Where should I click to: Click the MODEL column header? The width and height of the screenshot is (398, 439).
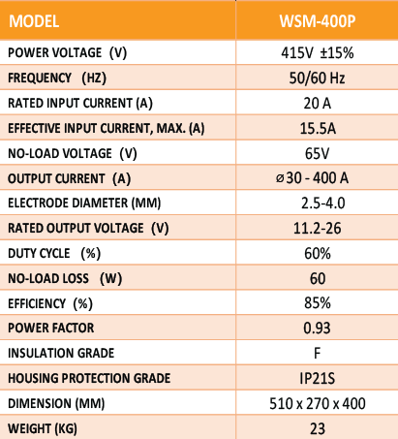pos(34,21)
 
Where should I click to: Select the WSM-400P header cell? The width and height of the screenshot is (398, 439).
pos(318,21)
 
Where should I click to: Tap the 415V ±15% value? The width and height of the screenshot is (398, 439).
pos(318,52)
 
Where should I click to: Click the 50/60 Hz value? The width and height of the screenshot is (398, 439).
pos(317,78)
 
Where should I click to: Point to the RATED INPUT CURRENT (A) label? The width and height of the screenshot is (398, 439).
pos(80,104)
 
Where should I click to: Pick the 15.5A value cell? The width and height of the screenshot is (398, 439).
pos(318,128)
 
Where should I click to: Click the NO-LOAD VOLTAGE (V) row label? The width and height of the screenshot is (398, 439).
pos(73,153)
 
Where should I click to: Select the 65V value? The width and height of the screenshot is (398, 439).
pos(317,153)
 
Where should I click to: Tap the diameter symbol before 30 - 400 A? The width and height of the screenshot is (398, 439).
pos(280,178)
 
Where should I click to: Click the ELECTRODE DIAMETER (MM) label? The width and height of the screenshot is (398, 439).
pos(84,204)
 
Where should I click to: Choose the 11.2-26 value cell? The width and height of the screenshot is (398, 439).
pos(317,229)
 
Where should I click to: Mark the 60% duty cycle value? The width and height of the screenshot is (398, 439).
pos(318,254)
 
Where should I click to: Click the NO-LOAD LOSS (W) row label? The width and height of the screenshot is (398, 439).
pos(65,278)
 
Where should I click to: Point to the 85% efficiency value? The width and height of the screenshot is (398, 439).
pos(318,303)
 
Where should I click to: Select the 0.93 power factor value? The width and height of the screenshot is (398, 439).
pos(317,329)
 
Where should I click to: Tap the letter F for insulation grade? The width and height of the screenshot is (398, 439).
pos(317,353)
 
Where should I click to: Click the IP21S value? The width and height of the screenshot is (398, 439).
pos(317,378)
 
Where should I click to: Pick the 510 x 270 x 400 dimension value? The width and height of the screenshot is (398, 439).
pos(318,403)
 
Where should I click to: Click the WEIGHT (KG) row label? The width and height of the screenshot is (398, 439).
pos(43,428)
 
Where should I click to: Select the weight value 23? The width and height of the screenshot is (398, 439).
pos(318,428)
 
